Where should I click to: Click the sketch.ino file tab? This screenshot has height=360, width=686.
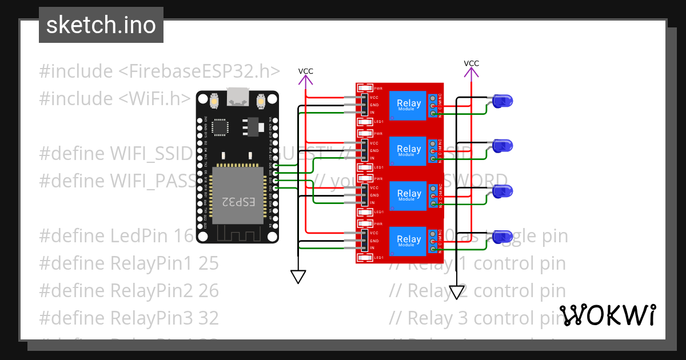pyautogui.click(x=101, y=25)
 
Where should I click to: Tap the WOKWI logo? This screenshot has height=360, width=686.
pyautogui.click(x=607, y=315)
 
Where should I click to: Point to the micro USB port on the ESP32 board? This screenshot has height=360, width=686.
pyautogui.click(x=237, y=97)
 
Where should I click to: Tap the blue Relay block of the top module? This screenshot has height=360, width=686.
pyautogui.click(x=409, y=105)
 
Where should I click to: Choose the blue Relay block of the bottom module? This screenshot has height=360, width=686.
pyautogui.click(x=409, y=241)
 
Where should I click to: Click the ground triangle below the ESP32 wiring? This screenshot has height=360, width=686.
pyautogui.click(x=298, y=277)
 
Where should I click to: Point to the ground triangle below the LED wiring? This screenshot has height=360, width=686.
pyautogui.click(x=456, y=293)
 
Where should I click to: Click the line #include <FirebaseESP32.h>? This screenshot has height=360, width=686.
pyautogui.click(x=159, y=71)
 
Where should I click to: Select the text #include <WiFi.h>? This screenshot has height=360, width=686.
pyautogui.click(x=115, y=98)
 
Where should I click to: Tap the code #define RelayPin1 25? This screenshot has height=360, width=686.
pyautogui.click(x=129, y=263)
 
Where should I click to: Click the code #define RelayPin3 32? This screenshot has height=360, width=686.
pyautogui.click(x=129, y=318)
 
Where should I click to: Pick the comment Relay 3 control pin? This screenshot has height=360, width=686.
pyautogui.click(x=477, y=318)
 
